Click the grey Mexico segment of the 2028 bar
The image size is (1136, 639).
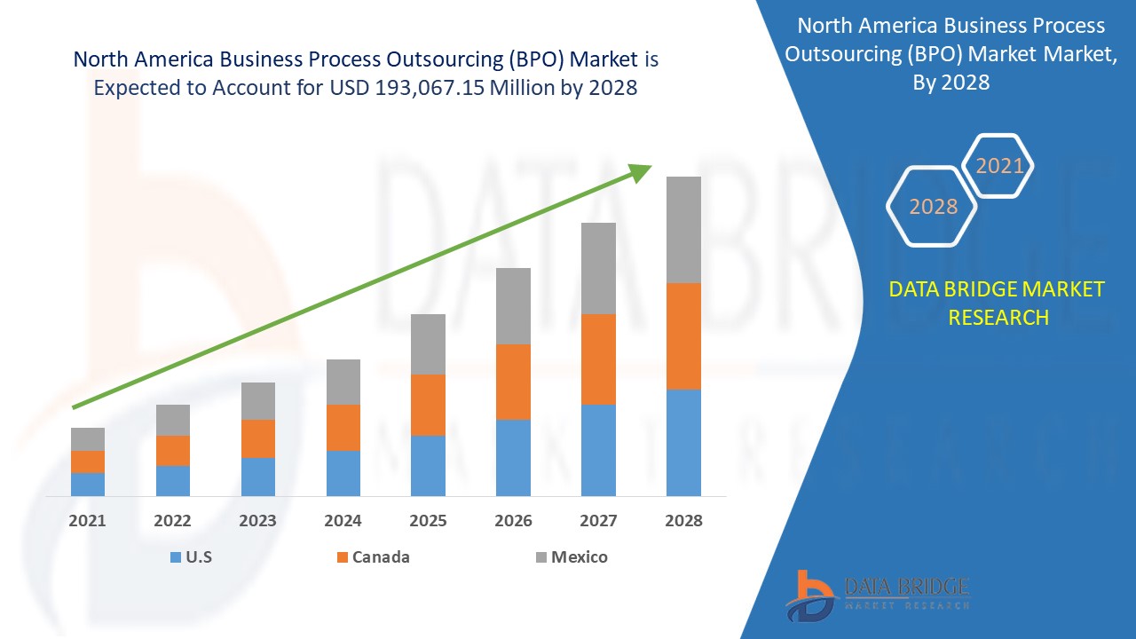(x=683, y=230)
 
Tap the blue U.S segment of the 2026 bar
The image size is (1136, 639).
(x=513, y=457)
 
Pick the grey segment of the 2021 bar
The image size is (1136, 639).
(x=88, y=439)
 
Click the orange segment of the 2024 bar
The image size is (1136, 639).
(x=343, y=428)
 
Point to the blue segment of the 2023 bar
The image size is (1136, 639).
(x=258, y=477)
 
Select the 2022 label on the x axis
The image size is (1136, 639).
(x=172, y=521)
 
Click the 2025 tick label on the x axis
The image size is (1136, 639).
(x=428, y=521)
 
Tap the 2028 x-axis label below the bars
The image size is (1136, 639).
(x=683, y=521)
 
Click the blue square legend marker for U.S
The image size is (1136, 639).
(x=174, y=557)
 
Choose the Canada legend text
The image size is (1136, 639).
(x=381, y=557)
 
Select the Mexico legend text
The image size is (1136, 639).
(x=579, y=557)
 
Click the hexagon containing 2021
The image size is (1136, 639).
(x=999, y=166)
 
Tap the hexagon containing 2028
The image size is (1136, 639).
(x=933, y=206)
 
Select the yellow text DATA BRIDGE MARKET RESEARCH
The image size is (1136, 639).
(x=998, y=303)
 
